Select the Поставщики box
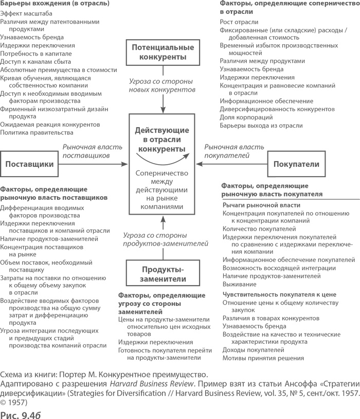point(29,165)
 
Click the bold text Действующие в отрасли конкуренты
point(162,137)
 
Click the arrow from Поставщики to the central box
point(93,165)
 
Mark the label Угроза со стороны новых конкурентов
point(162,85)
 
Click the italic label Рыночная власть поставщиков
point(86,150)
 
